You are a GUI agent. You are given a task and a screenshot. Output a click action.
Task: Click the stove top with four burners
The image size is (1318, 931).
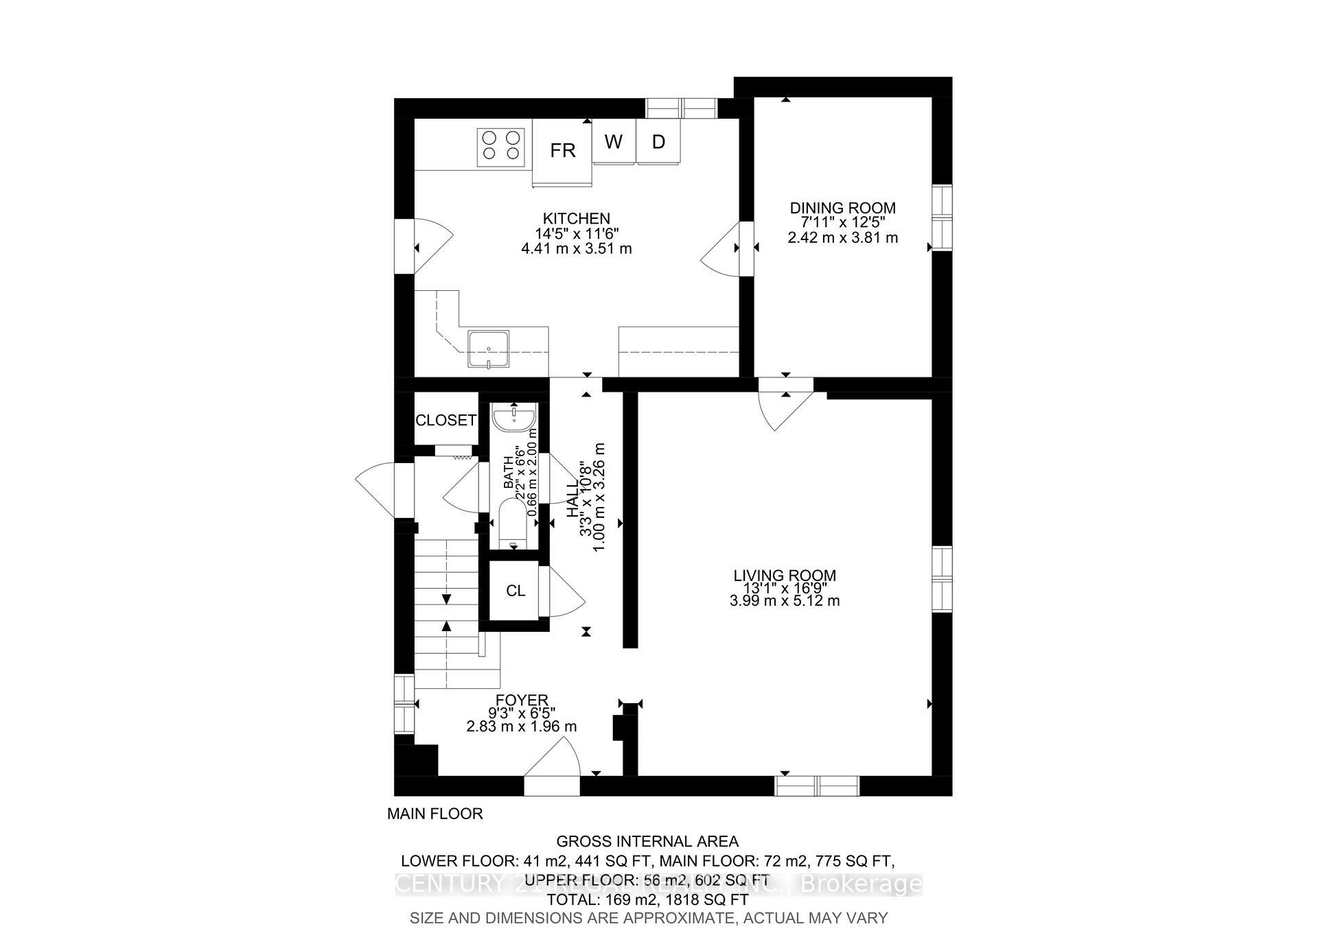pyautogui.click(x=500, y=146)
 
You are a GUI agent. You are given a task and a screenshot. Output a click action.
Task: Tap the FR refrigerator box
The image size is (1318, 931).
pyautogui.click(x=562, y=151)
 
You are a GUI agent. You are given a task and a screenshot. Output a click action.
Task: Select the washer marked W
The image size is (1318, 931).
pyautogui.click(x=614, y=142)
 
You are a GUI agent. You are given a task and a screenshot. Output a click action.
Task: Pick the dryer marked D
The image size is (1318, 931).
pyautogui.click(x=658, y=142)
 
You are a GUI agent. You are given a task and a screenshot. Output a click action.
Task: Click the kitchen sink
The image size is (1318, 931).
pyautogui.click(x=488, y=350)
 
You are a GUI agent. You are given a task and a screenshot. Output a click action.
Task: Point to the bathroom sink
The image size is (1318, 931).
pyautogui.click(x=514, y=417)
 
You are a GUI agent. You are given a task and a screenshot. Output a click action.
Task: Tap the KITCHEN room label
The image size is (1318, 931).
pyautogui.click(x=576, y=219)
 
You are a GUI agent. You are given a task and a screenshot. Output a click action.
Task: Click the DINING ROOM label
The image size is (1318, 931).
pyautogui.click(x=842, y=208)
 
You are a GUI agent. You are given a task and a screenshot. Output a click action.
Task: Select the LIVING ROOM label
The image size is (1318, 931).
pyautogui.click(x=785, y=576)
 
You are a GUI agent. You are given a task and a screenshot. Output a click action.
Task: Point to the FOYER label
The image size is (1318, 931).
pyautogui.click(x=522, y=700)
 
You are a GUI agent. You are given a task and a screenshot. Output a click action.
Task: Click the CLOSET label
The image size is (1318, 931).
pyautogui.click(x=446, y=420)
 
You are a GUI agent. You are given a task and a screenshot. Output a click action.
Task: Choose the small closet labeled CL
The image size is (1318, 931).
pyautogui.click(x=515, y=591)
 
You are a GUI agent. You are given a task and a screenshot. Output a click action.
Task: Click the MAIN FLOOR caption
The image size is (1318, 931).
pyautogui.click(x=435, y=814)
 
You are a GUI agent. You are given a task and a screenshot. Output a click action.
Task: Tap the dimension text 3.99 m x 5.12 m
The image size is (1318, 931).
pyautogui.click(x=785, y=601)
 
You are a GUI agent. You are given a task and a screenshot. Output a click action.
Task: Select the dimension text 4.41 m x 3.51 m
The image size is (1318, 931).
pyautogui.click(x=576, y=248)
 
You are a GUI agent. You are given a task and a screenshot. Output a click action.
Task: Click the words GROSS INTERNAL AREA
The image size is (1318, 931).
pyautogui.click(x=647, y=841)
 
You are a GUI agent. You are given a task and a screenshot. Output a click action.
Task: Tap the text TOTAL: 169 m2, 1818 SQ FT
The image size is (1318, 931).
pyautogui.click(x=647, y=899)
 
